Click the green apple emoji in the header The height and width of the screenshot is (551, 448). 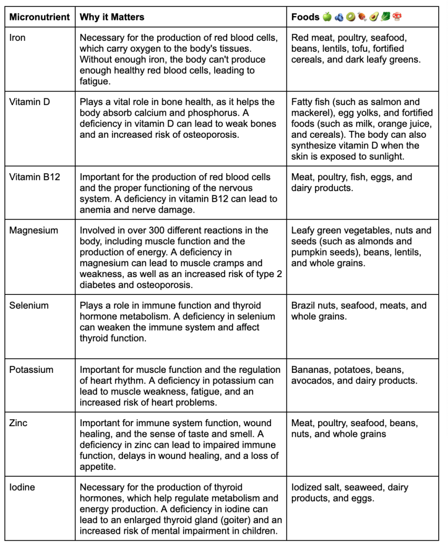327,17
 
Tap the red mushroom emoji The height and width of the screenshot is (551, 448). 397,17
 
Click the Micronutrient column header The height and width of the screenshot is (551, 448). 40,17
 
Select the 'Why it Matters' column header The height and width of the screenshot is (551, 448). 112,17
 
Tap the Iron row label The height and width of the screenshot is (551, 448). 17,38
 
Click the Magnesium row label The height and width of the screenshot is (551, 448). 33,230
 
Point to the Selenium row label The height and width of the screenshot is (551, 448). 29,305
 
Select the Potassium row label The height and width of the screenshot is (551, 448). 31,370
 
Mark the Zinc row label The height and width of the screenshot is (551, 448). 18,423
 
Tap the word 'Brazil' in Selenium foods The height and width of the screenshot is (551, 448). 304,305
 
